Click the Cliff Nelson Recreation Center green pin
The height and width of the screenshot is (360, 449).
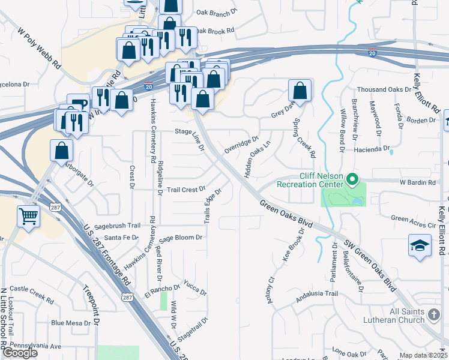point(353,179)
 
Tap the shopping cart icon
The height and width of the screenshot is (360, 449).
point(28,216)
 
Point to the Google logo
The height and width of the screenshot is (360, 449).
point(20,353)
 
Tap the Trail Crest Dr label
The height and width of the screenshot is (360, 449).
point(186,190)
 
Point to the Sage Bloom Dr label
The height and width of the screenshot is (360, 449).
point(181,238)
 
